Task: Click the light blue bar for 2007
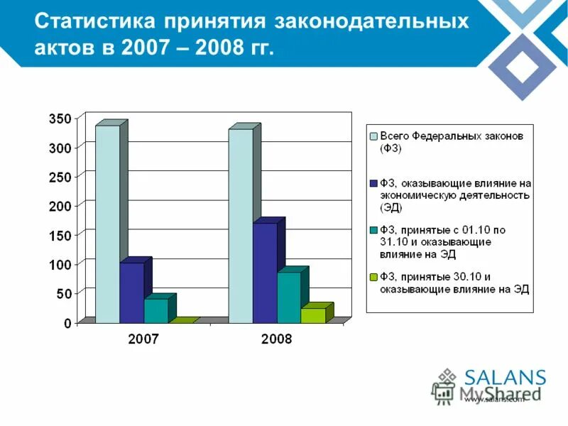tap(107, 224)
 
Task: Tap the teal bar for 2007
tap(155, 311)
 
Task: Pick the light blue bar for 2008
tap(240, 226)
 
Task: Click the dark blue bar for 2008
tap(264, 273)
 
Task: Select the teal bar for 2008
tap(288, 298)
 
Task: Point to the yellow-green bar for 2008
tap(312, 315)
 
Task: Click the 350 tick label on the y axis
tap(60, 119)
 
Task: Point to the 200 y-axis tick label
tap(60, 206)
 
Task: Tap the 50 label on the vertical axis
tap(63, 293)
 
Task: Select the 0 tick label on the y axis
tap(67, 323)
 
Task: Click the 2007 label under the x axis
tap(143, 339)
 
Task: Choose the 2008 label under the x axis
tap(276, 339)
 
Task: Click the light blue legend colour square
tap(373, 136)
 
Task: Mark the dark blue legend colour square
tap(373, 183)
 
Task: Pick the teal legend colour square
tap(373, 230)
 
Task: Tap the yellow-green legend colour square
tap(373, 277)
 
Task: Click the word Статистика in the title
tap(94, 21)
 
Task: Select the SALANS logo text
tap(505, 378)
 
